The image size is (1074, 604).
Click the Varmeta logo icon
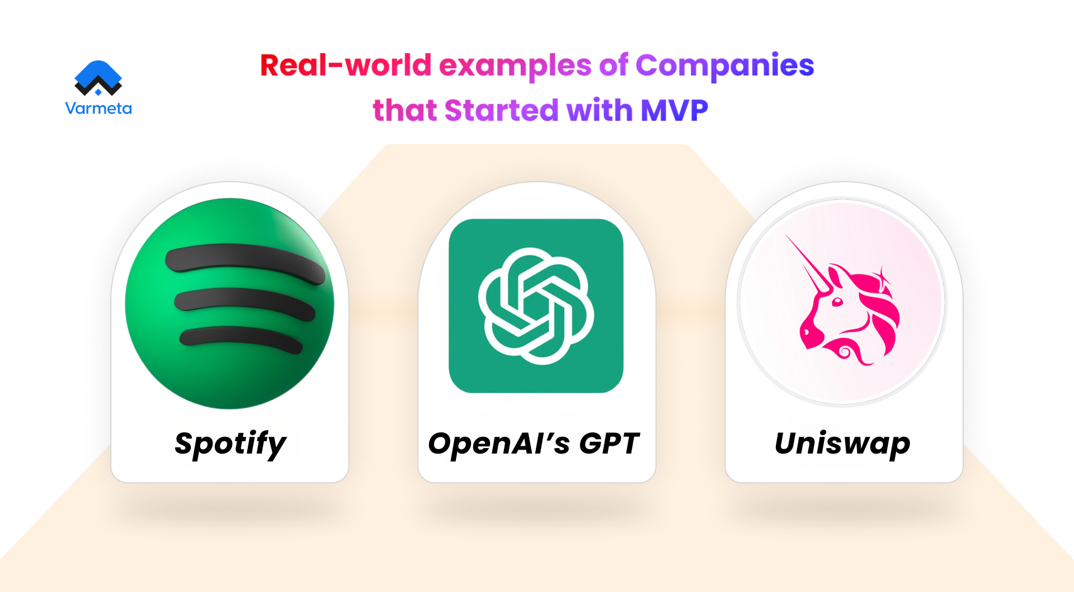coord(98,78)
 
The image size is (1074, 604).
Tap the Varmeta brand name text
coord(98,108)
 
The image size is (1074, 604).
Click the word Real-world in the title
coord(346,65)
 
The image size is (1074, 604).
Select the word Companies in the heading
coord(724,65)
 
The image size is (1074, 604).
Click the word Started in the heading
coord(501,110)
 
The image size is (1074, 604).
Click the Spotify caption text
coord(230,445)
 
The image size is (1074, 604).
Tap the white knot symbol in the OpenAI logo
coord(536,306)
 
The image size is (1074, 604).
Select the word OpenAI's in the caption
coord(499,443)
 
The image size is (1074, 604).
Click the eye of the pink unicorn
coord(837,302)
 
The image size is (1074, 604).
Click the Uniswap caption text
coord(842,443)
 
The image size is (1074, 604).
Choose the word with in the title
coord(599,110)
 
